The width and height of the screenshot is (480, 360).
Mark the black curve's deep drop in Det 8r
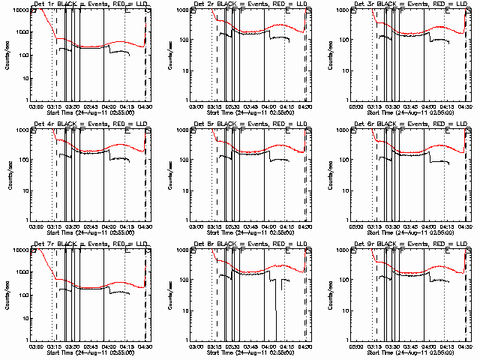(x=277, y=330)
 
